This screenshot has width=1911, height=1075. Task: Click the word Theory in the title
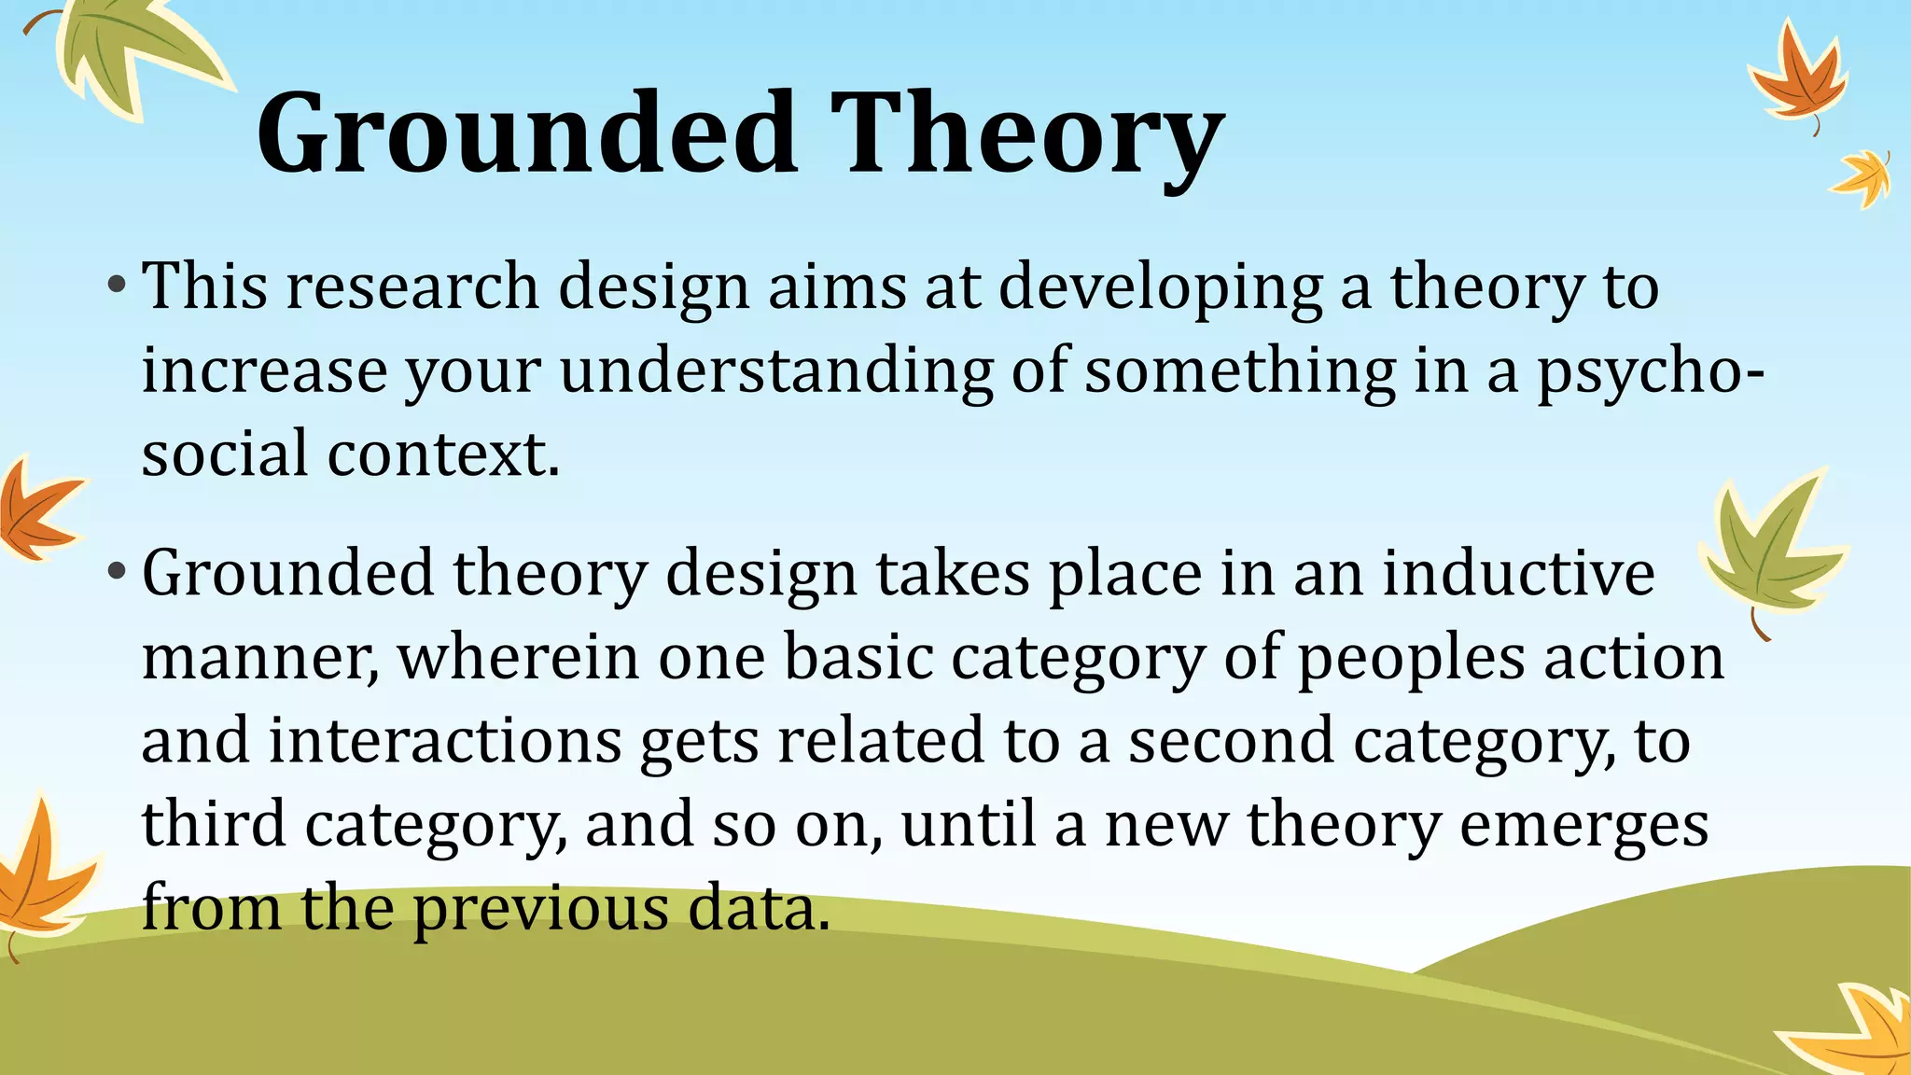click(x=1026, y=133)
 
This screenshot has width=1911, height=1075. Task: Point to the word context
click(x=443, y=454)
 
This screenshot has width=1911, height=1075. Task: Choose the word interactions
click(x=446, y=740)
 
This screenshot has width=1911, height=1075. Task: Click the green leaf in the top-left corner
click(x=131, y=51)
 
